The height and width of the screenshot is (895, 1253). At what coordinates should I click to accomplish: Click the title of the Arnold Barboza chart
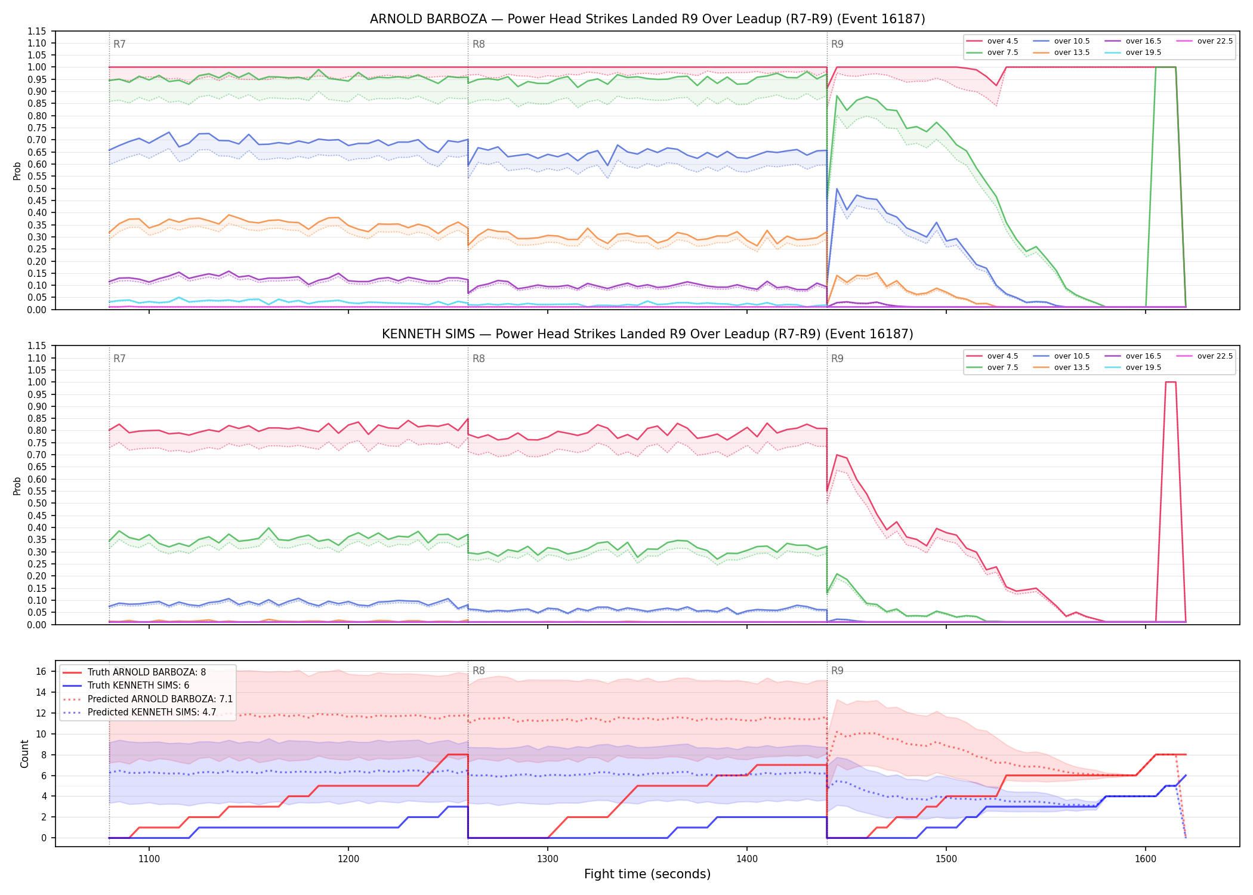(647, 19)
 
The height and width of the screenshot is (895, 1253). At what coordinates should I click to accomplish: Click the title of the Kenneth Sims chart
(647, 334)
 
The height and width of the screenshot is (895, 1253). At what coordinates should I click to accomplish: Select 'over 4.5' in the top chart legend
(1002, 41)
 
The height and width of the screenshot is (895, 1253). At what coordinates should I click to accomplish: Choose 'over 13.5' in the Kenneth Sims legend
(1072, 368)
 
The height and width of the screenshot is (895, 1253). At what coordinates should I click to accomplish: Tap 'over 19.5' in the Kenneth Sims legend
(1143, 368)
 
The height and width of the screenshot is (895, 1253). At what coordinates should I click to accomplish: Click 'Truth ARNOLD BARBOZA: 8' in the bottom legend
(147, 672)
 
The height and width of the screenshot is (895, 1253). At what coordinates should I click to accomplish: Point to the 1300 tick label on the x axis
(548, 859)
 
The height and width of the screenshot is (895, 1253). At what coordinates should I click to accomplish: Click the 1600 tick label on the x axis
(1146, 859)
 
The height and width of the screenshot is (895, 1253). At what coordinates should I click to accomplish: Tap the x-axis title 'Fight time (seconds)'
(647, 875)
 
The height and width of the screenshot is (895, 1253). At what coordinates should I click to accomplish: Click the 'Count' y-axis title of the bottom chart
(25, 754)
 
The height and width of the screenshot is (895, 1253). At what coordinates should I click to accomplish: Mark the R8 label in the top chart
(479, 44)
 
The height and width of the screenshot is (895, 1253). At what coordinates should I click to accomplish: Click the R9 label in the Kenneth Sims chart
(837, 359)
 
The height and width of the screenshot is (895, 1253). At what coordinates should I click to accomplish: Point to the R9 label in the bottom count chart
(837, 671)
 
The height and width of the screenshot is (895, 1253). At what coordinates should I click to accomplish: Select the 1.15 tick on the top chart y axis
(36, 31)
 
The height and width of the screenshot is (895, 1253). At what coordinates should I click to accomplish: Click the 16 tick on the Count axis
(41, 671)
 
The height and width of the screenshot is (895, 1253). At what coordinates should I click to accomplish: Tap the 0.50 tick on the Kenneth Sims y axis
(36, 503)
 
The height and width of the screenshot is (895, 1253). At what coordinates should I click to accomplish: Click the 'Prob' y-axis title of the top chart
(17, 171)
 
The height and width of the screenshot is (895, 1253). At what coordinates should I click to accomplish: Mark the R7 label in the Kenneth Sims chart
(119, 359)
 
